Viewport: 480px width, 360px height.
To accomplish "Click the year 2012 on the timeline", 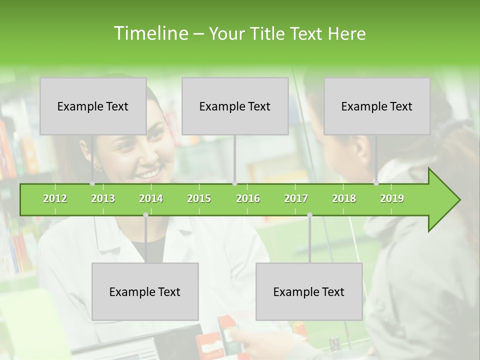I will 55,199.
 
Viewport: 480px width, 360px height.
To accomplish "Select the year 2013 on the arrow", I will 103,199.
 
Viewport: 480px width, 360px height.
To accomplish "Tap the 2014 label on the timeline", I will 151,199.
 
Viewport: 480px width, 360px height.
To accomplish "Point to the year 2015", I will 199,199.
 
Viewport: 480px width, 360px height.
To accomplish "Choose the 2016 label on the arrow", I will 248,199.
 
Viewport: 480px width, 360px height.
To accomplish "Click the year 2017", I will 296,199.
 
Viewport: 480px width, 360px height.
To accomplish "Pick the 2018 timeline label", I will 344,199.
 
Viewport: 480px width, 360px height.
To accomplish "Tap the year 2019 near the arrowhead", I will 392,199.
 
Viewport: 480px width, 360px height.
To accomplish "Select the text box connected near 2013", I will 93,106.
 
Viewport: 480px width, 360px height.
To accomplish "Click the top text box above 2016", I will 235,106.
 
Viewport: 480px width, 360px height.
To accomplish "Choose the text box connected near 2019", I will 377,106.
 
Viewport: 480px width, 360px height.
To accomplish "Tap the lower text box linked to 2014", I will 145,291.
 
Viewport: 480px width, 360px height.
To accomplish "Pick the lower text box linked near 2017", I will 309,291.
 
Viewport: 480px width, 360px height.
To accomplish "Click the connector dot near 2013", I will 92,183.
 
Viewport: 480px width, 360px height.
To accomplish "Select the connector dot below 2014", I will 145,215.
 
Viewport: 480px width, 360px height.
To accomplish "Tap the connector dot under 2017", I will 309,215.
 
